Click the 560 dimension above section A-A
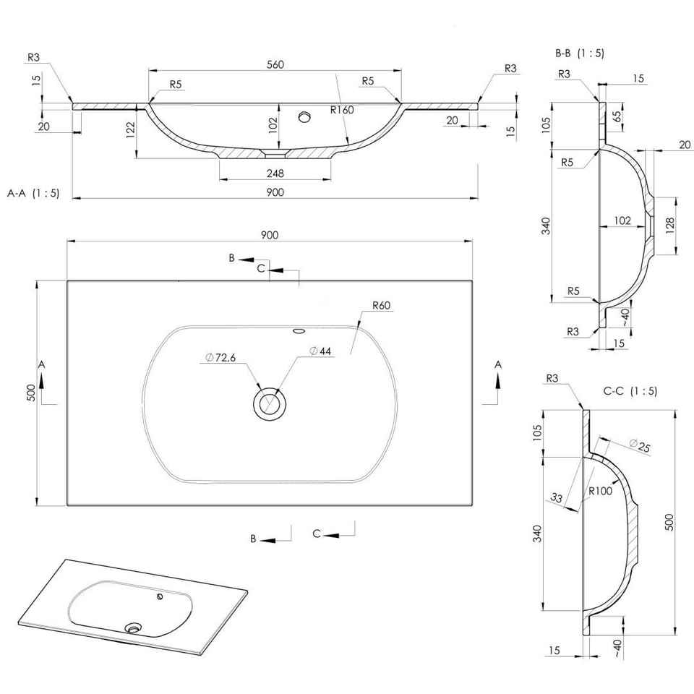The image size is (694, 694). [x=275, y=64]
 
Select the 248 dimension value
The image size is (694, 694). [x=275, y=173]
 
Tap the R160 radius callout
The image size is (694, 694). [x=341, y=111]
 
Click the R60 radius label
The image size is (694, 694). [x=382, y=305]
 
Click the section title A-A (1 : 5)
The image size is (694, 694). [x=33, y=193]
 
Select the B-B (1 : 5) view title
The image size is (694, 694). [x=580, y=53]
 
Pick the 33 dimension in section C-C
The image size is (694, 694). [x=557, y=497]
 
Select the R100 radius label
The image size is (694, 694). [x=601, y=491]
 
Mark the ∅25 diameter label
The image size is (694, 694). [x=640, y=445]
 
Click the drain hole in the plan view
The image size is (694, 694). [x=270, y=403]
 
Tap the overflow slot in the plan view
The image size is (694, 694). [x=298, y=332]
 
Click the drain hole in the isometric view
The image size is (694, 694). [x=132, y=627]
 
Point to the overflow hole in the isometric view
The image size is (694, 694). [x=160, y=597]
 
